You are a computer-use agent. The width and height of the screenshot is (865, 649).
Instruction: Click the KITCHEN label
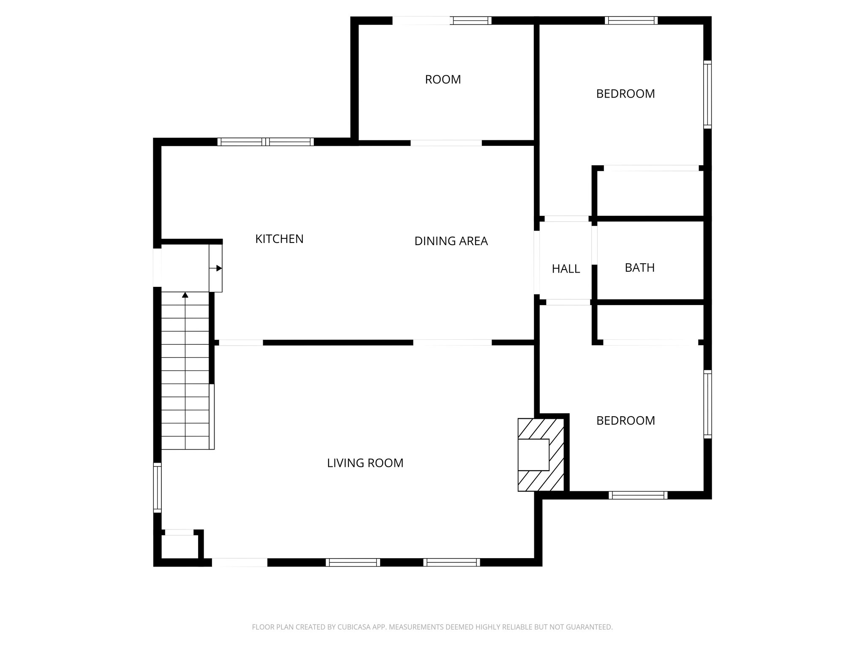tap(279, 239)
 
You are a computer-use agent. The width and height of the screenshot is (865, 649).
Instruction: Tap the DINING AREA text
tap(451, 241)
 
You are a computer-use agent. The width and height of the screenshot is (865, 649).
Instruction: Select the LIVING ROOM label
tap(365, 463)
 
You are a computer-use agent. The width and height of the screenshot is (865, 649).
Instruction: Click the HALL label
tap(566, 269)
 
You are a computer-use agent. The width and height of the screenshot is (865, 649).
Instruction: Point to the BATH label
tap(639, 267)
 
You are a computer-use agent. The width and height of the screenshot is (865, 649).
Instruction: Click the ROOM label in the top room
tap(443, 79)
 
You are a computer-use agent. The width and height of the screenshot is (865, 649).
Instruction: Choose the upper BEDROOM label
tap(625, 94)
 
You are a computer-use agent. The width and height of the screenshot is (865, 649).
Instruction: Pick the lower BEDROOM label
tap(625, 420)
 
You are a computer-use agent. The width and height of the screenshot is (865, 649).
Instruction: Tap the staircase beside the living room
tap(185, 380)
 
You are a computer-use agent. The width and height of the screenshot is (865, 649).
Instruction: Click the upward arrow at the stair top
tap(185, 295)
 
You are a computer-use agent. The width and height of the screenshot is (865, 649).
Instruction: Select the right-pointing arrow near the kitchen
tap(218, 268)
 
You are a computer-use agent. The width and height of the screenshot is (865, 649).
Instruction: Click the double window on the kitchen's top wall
tap(265, 142)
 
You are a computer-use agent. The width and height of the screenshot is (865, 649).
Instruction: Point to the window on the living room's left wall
tap(157, 487)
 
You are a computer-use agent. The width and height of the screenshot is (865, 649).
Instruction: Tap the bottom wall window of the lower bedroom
tap(638, 495)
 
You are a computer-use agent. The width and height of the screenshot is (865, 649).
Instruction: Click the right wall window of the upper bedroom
tap(707, 94)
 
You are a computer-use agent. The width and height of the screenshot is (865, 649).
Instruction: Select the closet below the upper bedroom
tap(650, 193)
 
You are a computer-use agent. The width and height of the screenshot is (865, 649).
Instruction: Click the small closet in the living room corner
tap(179, 546)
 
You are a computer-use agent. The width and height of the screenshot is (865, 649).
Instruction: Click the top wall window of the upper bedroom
tap(631, 20)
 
